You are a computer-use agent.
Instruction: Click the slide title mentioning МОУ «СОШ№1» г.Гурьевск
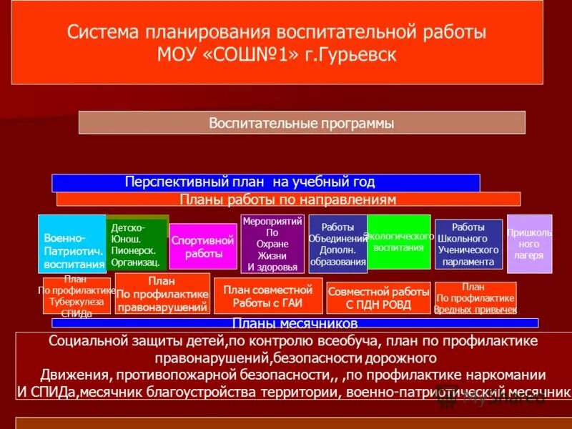tap(277, 44)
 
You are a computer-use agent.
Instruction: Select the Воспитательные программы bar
tap(301, 122)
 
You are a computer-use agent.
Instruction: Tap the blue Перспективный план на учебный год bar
tap(265, 182)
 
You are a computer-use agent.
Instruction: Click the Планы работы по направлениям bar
tap(288, 199)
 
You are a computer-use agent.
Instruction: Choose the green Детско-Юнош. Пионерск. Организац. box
tap(136, 243)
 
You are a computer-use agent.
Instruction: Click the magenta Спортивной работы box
tap(203, 247)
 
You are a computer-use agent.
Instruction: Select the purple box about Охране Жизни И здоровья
tap(272, 244)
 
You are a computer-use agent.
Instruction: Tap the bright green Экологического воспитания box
tap(399, 242)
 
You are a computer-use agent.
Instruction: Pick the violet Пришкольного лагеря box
tap(529, 244)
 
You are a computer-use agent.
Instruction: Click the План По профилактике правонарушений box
tap(162, 294)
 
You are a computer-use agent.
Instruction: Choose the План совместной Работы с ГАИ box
tap(267, 296)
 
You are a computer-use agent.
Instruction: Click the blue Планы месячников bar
tap(285, 323)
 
